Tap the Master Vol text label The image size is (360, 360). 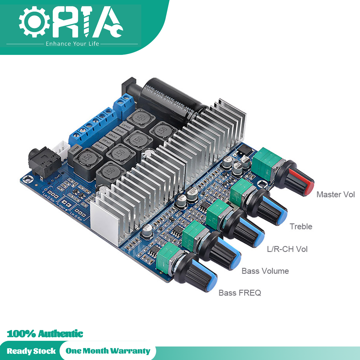click(335, 194)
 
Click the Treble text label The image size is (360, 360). click(301, 226)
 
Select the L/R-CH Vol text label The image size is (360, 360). click(287, 249)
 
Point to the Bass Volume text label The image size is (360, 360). click(265, 271)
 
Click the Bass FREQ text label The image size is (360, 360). click(240, 293)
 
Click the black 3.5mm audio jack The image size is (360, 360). click(42, 162)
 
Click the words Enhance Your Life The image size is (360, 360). click(72, 44)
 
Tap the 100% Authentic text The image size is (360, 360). click(45, 334)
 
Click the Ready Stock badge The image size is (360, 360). click(31, 351)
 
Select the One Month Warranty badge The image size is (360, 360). click(108, 351)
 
